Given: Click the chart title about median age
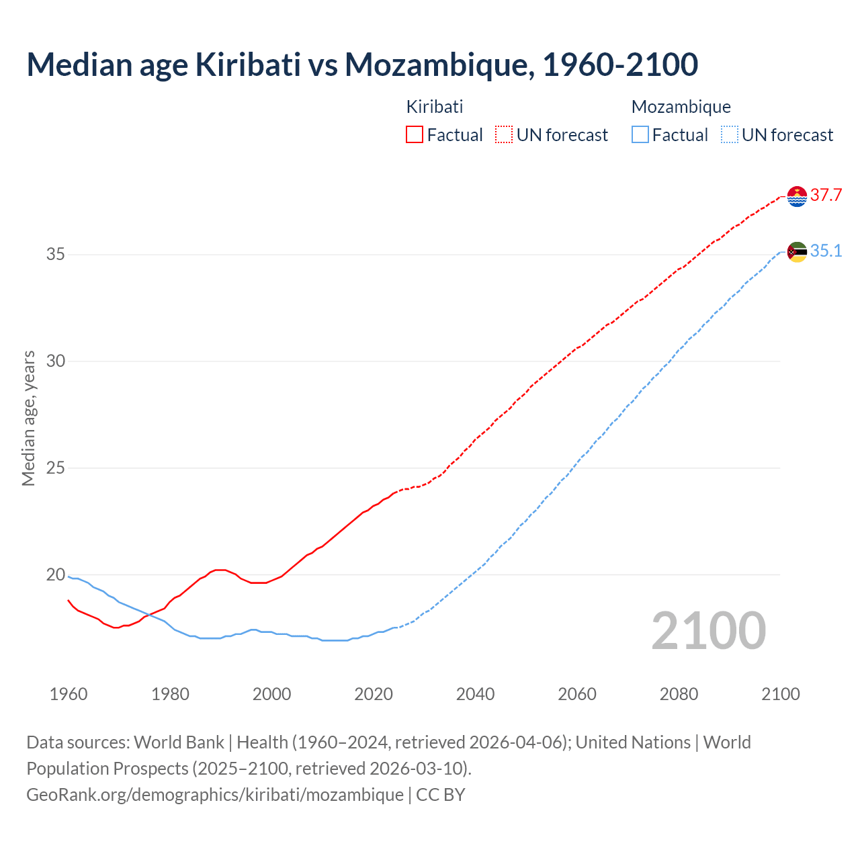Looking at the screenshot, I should pos(362,64).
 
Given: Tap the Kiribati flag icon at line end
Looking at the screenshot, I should pos(797,196).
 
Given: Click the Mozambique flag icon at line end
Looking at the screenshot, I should pos(797,252).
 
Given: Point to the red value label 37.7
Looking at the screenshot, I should pos(826,196).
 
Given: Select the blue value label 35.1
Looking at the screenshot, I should pos(826,251).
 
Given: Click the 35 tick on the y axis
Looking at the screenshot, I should pos(56,255).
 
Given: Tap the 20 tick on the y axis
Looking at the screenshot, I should pos(56,575).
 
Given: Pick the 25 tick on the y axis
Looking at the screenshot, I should pos(56,468).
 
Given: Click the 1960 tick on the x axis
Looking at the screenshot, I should pos(69,694).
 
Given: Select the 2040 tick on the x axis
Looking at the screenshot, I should pos(475,694).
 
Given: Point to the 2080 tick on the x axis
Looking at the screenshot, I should pos(679,694).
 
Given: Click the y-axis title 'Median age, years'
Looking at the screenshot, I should pos(28,418).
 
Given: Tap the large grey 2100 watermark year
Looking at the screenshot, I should pos(708,630).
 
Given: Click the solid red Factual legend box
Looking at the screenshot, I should pos(415,135).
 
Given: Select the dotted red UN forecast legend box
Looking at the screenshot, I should pos(504,135).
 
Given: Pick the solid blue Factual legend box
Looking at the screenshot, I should pos(640,135).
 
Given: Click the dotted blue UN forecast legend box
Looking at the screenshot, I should pos(730,135).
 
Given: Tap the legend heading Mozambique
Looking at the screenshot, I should pos(681,107).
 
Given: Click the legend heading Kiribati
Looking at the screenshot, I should pos(435,107).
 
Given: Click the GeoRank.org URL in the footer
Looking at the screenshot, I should pos(215,795).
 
